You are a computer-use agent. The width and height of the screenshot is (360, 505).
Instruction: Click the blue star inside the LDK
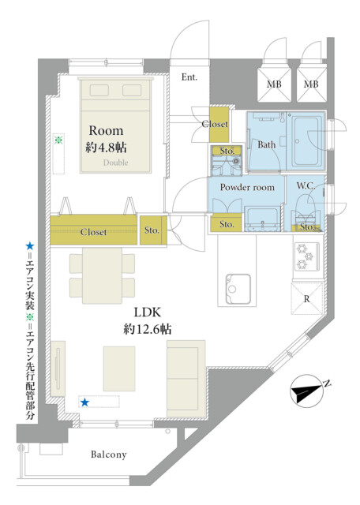click(x=84, y=402)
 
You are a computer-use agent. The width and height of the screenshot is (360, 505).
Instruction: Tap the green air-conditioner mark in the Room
click(x=58, y=140)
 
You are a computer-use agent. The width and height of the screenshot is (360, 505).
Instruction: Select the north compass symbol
click(x=307, y=391)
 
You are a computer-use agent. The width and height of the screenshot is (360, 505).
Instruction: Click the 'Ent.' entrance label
click(x=189, y=77)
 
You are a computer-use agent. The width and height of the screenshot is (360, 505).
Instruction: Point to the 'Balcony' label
click(x=109, y=454)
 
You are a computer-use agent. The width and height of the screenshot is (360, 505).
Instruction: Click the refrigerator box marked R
click(x=307, y=298)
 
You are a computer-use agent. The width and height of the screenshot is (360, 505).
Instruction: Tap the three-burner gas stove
click(x=306, y=256)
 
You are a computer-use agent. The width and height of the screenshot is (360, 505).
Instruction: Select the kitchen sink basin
click(x=238, y=289)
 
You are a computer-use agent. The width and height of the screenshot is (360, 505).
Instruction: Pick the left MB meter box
click(x=274, y=84)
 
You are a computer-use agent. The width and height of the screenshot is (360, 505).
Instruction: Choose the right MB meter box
click(x=311, y=84)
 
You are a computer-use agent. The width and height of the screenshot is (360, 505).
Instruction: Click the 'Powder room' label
click(x=247, y=187)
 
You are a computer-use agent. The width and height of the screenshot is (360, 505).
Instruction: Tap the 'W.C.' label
click(x=306, y=186)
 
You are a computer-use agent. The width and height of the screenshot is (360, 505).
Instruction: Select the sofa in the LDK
click(x=186, y=379)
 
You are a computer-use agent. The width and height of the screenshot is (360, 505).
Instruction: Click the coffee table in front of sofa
click(x=119, y=368)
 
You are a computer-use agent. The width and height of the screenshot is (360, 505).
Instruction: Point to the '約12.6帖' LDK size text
click(x=148, y=329)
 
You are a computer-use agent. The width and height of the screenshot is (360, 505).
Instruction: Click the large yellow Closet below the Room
click(x=93, y=230)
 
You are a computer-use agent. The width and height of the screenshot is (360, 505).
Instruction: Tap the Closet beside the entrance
click(x=219, y=125)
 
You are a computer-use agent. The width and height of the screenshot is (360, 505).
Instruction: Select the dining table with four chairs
click(x=102, y=275)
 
